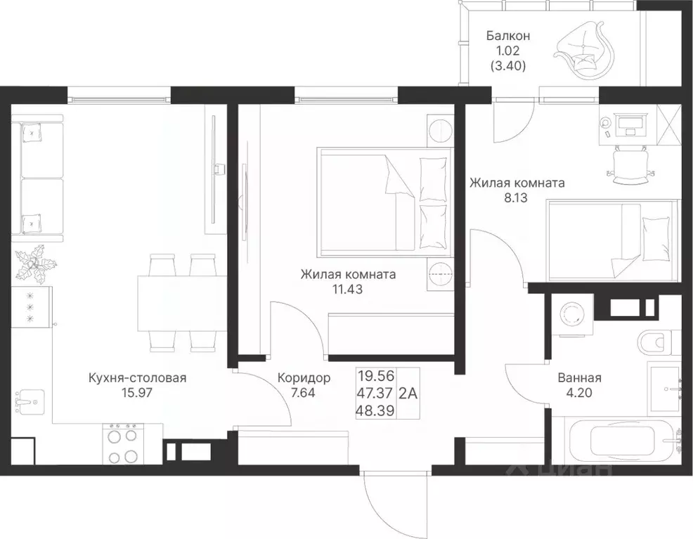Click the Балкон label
pos(508,35)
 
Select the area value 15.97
pos(137,392)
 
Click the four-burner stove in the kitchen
pos(123,444)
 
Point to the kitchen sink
pos(30,401)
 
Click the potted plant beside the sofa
pos(35,265)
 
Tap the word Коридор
pos(304,378)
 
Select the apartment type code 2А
pos(408,393)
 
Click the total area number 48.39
pos(375,411)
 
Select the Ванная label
pos(579,378)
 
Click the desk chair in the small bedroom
pos(630,165)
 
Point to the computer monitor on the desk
pos(630,119)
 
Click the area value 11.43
pos(347,290)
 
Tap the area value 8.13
pos(516,197)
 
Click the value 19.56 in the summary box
pos(376,376)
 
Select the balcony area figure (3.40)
pos(508,66)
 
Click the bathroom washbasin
pos(664,389)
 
